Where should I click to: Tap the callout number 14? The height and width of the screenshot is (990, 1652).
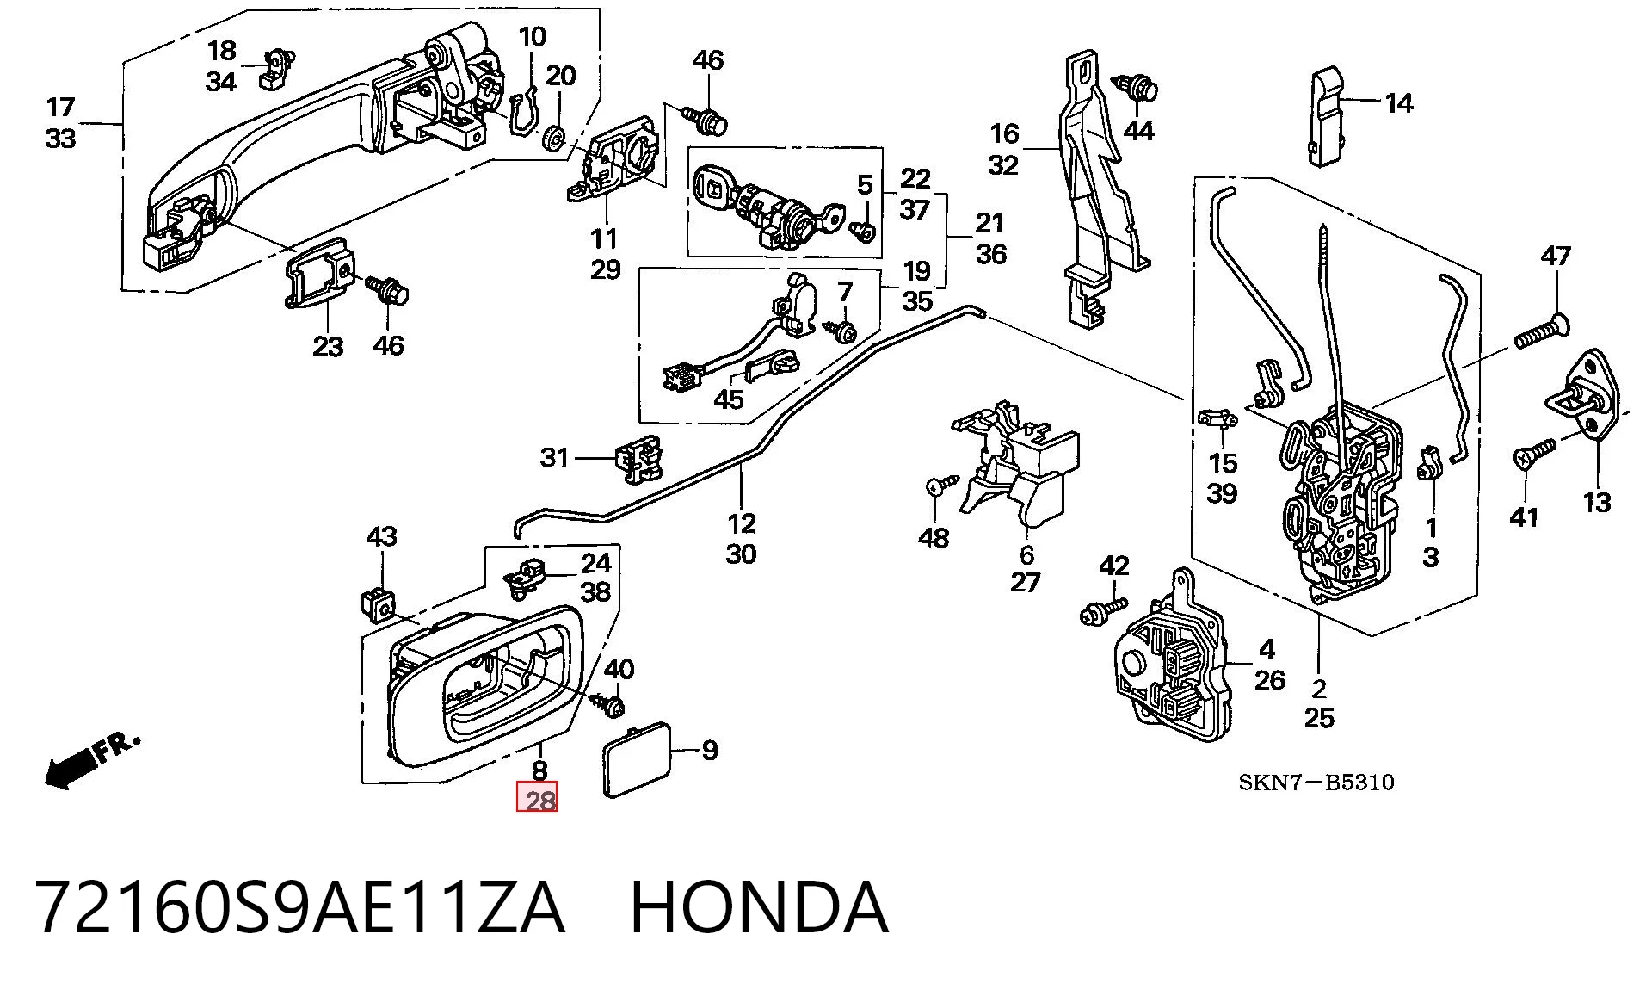pyautogui.click(x=1399, y=103)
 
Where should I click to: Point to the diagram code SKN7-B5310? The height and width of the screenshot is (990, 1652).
pyautogui.click(x=1316, y=782)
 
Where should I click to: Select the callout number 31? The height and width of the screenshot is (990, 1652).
pyautogui.click(x=554, y=457)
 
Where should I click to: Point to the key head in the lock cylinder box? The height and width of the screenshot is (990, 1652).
pyautogui.click(x=712, y=187)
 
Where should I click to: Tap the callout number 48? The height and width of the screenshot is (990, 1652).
pyautogui.click(x=934, y=538)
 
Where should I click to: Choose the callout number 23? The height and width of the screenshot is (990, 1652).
pyautogui.click(x=327, y=346)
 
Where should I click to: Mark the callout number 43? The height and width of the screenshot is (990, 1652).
pyautogui.click(x=381, y=536)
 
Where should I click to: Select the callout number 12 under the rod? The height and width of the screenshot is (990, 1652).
pyautogui.click(x=741, y=523)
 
